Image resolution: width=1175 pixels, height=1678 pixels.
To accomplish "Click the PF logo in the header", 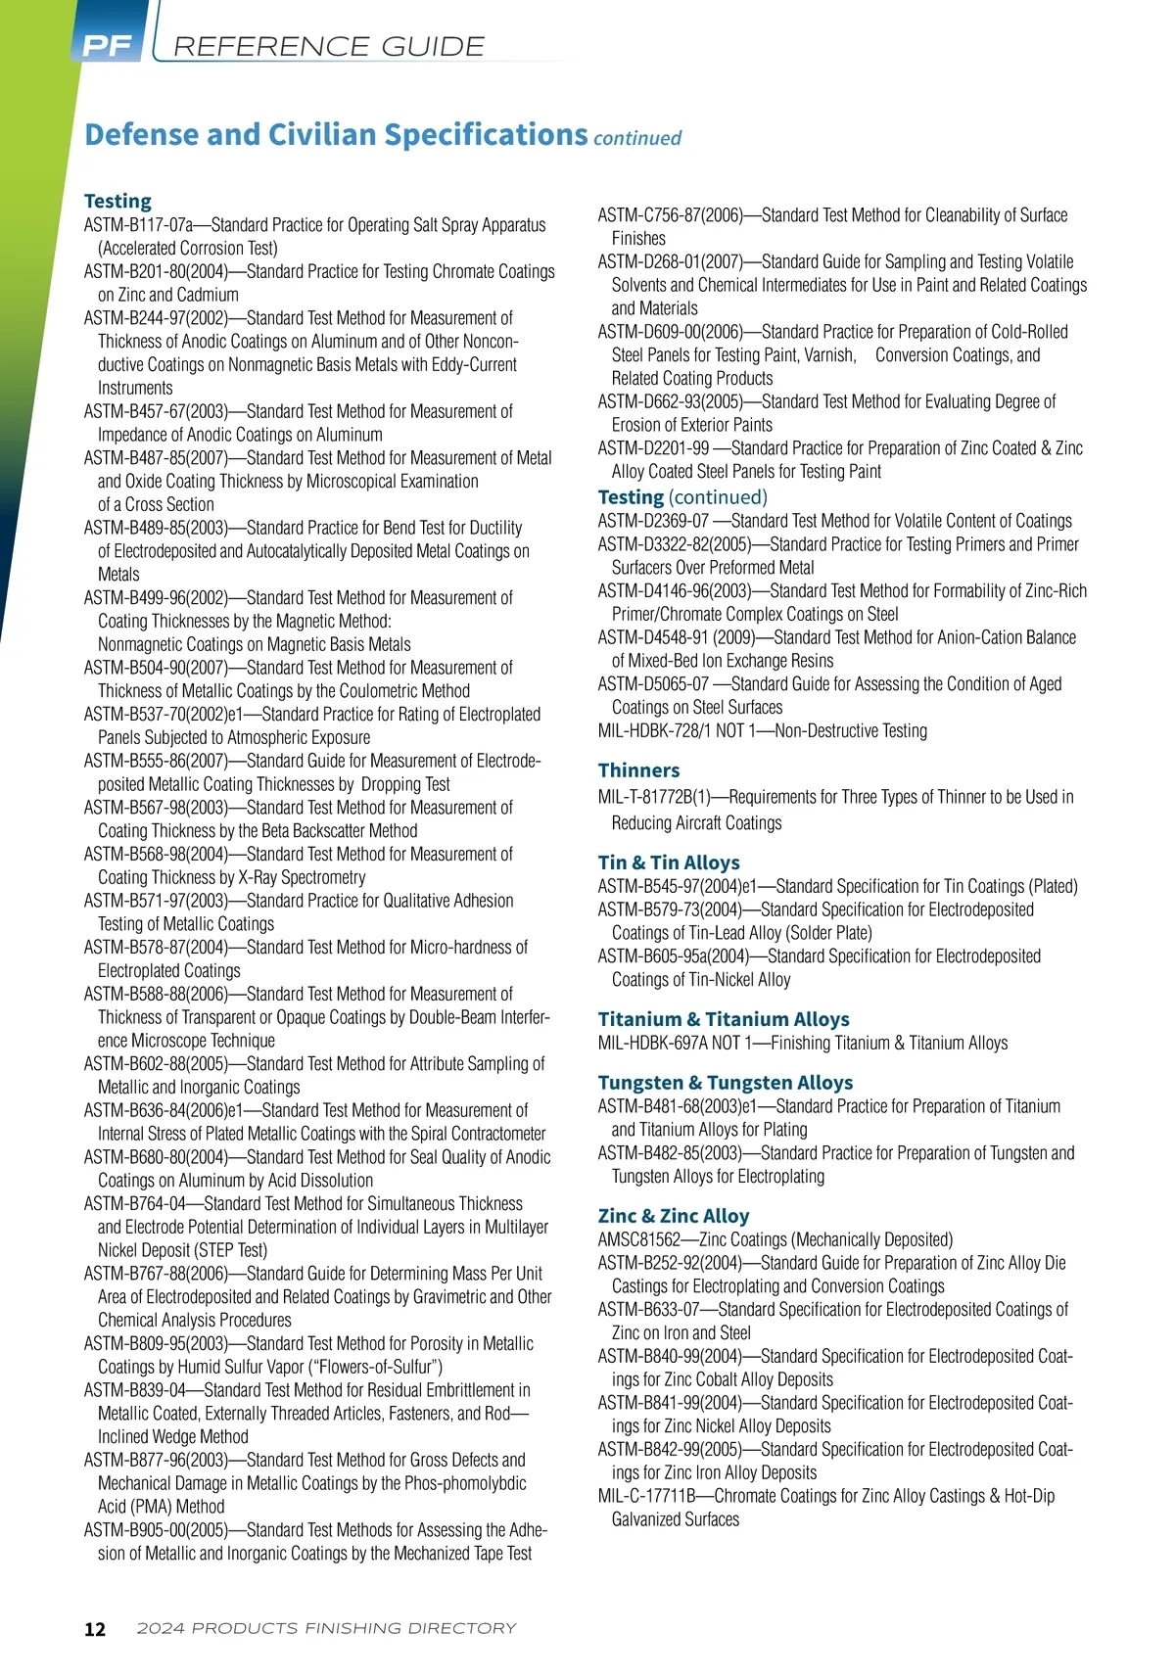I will tap(107, 46).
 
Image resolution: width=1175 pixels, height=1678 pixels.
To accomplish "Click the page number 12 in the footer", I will tap(95, 1629).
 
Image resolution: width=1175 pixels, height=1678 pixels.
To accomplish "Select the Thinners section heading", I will tap(638, 770).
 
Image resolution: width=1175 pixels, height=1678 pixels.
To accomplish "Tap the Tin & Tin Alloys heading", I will tap(669, 862).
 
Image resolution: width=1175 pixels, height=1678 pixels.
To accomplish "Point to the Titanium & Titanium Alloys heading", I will tap(724, 1019).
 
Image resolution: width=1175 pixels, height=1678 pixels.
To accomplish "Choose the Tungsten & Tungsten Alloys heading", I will tap(726, 1083).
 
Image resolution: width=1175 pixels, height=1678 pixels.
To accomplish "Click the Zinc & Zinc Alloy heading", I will tap(674, 1216).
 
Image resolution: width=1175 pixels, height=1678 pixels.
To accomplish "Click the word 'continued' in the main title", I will tap(637, 138).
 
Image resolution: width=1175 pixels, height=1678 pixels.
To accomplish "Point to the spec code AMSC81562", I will tap(638, 1239).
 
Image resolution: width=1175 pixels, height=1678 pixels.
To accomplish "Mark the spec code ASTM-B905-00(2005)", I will tap(156, 1530).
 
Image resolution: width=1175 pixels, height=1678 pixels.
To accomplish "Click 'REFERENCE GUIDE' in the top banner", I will tap(328, 46).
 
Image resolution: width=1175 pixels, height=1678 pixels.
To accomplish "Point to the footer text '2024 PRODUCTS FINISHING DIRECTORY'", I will tap(326, 1628).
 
